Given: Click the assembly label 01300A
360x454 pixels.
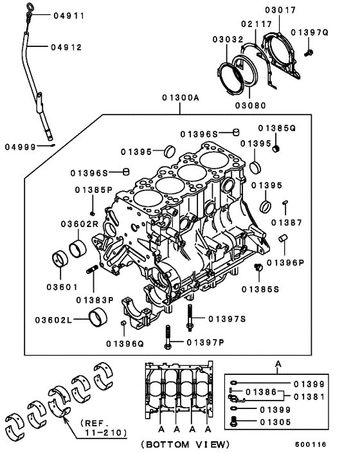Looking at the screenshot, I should pos(181,98).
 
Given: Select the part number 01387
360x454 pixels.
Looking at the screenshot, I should pos(284,222).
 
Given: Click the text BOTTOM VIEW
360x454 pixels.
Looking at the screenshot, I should pos(184,444).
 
